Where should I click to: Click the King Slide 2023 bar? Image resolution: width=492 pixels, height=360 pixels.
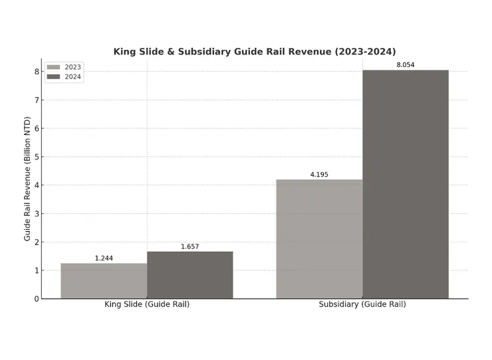coord(104,281)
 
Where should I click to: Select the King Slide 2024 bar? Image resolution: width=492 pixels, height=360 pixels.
coord(190,275)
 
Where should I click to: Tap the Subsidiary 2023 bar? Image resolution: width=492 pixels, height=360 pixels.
coord(319,239)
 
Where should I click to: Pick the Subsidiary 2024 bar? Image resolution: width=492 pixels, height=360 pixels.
coord(406,185)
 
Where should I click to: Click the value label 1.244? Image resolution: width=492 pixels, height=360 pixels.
coord(104,258)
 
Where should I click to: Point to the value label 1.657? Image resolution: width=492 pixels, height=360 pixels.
coord(190,246)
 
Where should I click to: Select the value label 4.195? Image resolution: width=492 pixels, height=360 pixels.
coord(319,175)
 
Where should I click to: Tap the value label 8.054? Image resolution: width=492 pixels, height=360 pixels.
coord(406,64)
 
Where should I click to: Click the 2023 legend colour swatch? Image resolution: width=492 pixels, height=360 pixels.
coord(53,67)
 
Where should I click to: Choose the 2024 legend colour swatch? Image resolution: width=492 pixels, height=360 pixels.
coord(53,77)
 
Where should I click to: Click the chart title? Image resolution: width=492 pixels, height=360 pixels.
coord(255,51)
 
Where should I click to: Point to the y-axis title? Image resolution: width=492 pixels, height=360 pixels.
coord(27,179)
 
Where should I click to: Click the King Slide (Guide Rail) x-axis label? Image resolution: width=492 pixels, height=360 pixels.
coord(147,304)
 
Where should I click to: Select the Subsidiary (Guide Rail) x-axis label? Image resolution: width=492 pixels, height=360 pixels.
coord(362,304)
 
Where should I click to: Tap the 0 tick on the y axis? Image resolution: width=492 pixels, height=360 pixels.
coord(37,299)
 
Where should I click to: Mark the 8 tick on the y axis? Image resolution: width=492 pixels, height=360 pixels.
coord(37,72)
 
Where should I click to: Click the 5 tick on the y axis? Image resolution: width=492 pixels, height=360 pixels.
coord(37,157)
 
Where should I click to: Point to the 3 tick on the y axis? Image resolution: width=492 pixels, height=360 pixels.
coord(37,214)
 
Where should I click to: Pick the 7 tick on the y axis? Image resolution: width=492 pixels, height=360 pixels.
coord(37,100)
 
